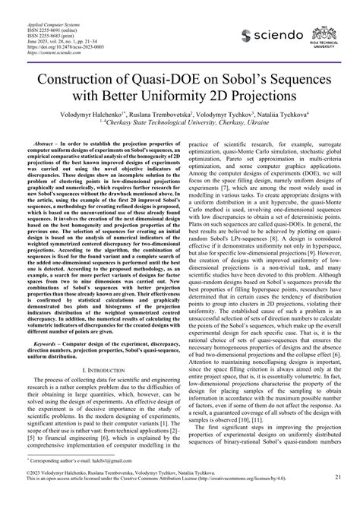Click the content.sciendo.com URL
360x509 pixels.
tap(57, 43)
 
